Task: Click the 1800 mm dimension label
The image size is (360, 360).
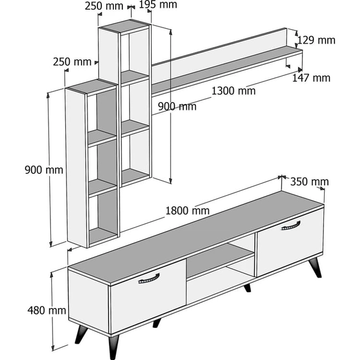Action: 187,211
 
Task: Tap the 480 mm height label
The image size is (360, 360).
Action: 47,310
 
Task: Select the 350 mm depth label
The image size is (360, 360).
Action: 310,182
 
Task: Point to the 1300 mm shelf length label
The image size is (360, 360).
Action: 233,91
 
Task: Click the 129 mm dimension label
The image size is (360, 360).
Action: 316,40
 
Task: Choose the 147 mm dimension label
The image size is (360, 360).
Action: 311,78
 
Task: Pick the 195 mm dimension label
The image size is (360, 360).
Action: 158,4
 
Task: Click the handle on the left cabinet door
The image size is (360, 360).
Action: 149,279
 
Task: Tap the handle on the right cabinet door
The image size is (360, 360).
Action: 291,225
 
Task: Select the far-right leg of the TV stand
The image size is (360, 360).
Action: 315,268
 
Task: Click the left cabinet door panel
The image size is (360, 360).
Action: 148,297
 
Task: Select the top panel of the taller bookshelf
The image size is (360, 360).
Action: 125,27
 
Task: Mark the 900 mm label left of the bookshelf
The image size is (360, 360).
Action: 44,170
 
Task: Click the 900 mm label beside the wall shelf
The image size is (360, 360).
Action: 177,106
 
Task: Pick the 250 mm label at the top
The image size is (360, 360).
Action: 104,6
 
